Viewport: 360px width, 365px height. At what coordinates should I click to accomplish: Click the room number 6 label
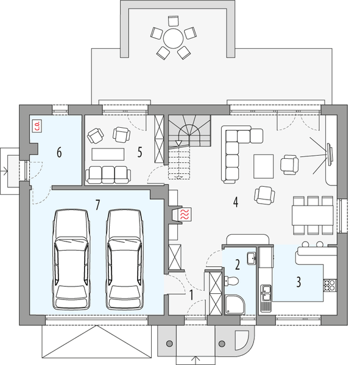click(59, 152)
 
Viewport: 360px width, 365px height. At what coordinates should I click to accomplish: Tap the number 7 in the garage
click(97, 204)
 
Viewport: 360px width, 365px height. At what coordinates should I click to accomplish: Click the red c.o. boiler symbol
click(37, 126)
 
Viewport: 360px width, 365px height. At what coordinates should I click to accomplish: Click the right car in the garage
click(124, 259)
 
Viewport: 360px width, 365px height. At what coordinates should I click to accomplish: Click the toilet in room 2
click(230, 282)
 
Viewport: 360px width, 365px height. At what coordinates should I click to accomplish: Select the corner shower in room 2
click(235, 304)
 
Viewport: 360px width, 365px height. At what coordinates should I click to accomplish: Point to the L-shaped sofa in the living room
click(235, 152)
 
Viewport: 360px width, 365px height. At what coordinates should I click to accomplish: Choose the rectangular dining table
click(312, 214)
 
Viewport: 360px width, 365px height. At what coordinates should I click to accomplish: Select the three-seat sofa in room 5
click(108, 174)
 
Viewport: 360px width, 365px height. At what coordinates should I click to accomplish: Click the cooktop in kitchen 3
click(329, 283)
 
